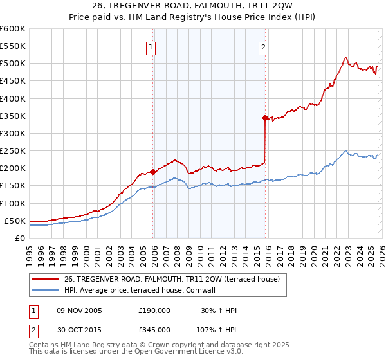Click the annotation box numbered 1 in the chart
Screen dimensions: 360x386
click(150, 46)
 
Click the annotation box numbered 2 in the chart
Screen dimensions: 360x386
click(263, 46)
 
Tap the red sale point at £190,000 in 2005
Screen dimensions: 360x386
click(152, 172)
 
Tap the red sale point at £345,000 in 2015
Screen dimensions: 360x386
click(265, 118)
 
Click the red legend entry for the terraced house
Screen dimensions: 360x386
click(172, 280)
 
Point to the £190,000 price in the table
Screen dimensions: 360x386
click(154, 310)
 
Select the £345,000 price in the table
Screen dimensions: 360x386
click(154, 329)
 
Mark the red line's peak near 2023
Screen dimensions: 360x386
click(346, 57)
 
